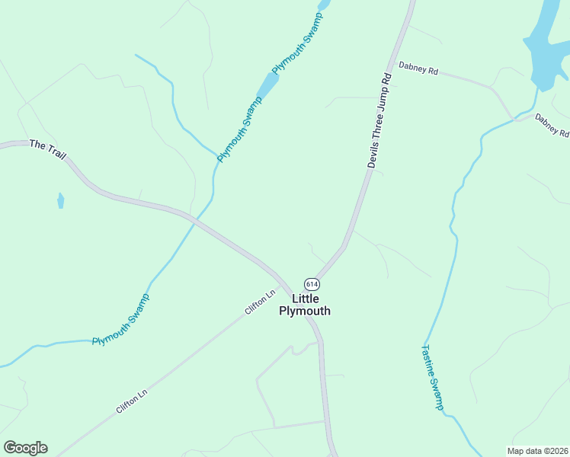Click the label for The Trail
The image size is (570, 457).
coord(48,149)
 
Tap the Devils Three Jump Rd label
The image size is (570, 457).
coord(379,120)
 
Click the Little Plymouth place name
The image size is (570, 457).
coord(305,305)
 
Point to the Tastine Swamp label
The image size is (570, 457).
coord(431,378)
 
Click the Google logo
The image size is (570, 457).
coord(25,448)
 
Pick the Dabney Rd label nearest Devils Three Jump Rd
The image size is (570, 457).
coord(418,70)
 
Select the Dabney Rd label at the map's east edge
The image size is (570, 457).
coord(552,125)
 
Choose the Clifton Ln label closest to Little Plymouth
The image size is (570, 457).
coord(260,302)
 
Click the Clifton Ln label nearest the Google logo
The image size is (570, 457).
coord(131,401)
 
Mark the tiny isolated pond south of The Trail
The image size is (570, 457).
coord(60,201)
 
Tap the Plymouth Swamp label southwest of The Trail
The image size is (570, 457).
coord(120,320)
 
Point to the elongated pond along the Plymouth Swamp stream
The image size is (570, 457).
coord(268,84)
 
